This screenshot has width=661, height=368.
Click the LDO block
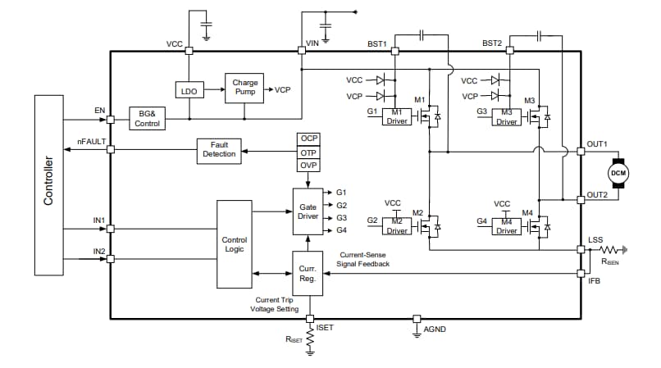pos(189,91)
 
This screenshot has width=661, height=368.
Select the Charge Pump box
pos(244,87)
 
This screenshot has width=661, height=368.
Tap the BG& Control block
pos(148,118)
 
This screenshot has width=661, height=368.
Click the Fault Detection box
pos(220,150)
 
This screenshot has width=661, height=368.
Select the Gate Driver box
pos(308,211)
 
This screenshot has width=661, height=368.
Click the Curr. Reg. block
pos(308,274)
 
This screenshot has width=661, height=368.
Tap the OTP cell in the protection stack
pos(308,152)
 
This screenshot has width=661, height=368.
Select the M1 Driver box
pos(397,116)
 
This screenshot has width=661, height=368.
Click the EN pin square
pos(111,117)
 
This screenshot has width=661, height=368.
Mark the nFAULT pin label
pos(91,142)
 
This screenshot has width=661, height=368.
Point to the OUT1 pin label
pos(596,144)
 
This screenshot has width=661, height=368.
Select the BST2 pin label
pos(492,43)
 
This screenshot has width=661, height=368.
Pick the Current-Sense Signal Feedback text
pos(364,260)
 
